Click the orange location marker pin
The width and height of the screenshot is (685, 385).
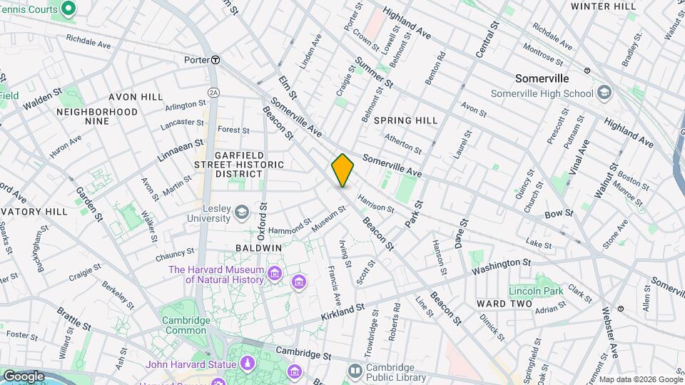[x=342, y=170]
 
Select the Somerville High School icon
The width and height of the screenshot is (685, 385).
[x=604, y=93]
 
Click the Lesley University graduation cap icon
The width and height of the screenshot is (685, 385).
[x=242, y=211]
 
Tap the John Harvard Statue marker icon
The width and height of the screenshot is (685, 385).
[x=247, y=364]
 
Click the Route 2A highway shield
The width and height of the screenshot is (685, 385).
[x=213, y=92]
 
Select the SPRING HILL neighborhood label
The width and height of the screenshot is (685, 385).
[x=405, y=120]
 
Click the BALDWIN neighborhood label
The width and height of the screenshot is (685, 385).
[x=258, y=247]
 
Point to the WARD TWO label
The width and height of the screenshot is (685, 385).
[x=504, y=304]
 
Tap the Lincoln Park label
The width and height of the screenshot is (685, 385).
[x=535, y=290]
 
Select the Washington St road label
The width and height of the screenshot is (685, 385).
[x=501, y=267]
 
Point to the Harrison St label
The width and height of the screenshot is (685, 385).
[x=375, y=204]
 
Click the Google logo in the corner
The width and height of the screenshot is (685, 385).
[x=24, y=376]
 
